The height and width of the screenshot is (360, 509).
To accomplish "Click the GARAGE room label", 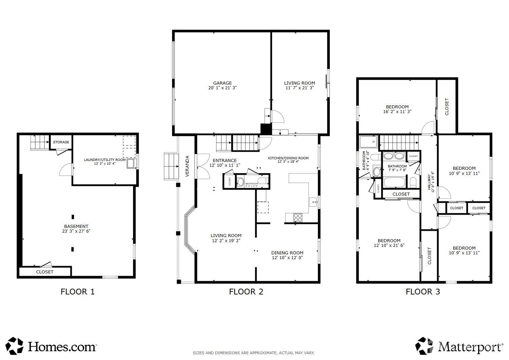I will (222, 83).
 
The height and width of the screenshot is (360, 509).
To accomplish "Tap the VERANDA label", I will (187, 166).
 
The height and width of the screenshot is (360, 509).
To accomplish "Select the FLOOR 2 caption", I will (246, 291).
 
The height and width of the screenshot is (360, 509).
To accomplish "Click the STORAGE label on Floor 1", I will (61, 142).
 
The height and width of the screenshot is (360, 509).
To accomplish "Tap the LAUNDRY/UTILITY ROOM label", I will (105, 160).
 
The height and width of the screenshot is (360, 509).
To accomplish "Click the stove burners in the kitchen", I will (298, 217).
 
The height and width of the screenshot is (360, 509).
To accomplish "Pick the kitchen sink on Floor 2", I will (313, 202).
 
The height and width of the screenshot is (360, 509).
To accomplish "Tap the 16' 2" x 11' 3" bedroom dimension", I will (397, 111).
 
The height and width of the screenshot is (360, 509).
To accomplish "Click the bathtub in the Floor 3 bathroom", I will (394, 183).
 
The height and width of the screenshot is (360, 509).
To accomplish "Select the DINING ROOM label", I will (287, 253).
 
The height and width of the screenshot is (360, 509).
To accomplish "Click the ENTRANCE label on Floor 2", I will (225, 161).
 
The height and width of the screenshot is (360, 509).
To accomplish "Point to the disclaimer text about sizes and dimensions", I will (253, 353).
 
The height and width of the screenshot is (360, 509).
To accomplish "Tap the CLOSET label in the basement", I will (45, 272).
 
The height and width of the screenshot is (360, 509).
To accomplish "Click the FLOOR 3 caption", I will (423, 291).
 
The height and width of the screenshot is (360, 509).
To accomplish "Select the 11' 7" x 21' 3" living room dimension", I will (299, 88).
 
